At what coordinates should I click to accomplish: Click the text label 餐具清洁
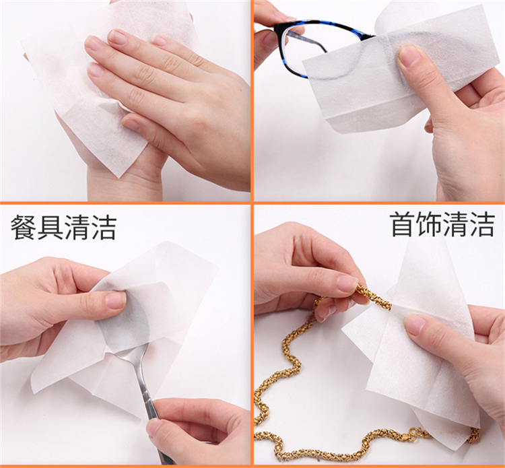[x=63, y=228]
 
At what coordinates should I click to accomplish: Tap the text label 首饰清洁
[x=442, y=224]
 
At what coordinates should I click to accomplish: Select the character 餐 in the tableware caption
[x=23, y=228]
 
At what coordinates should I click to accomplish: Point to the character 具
[x=50, y=228]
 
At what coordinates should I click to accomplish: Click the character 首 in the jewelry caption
[x=403, y=224]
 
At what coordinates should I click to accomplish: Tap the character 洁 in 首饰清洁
[x=482, y=224]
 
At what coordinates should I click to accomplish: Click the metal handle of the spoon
[x=145, y=396]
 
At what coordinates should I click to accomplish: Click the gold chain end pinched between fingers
[x=374, y=296]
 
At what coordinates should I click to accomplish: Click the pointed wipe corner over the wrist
[x=120, y=176]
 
